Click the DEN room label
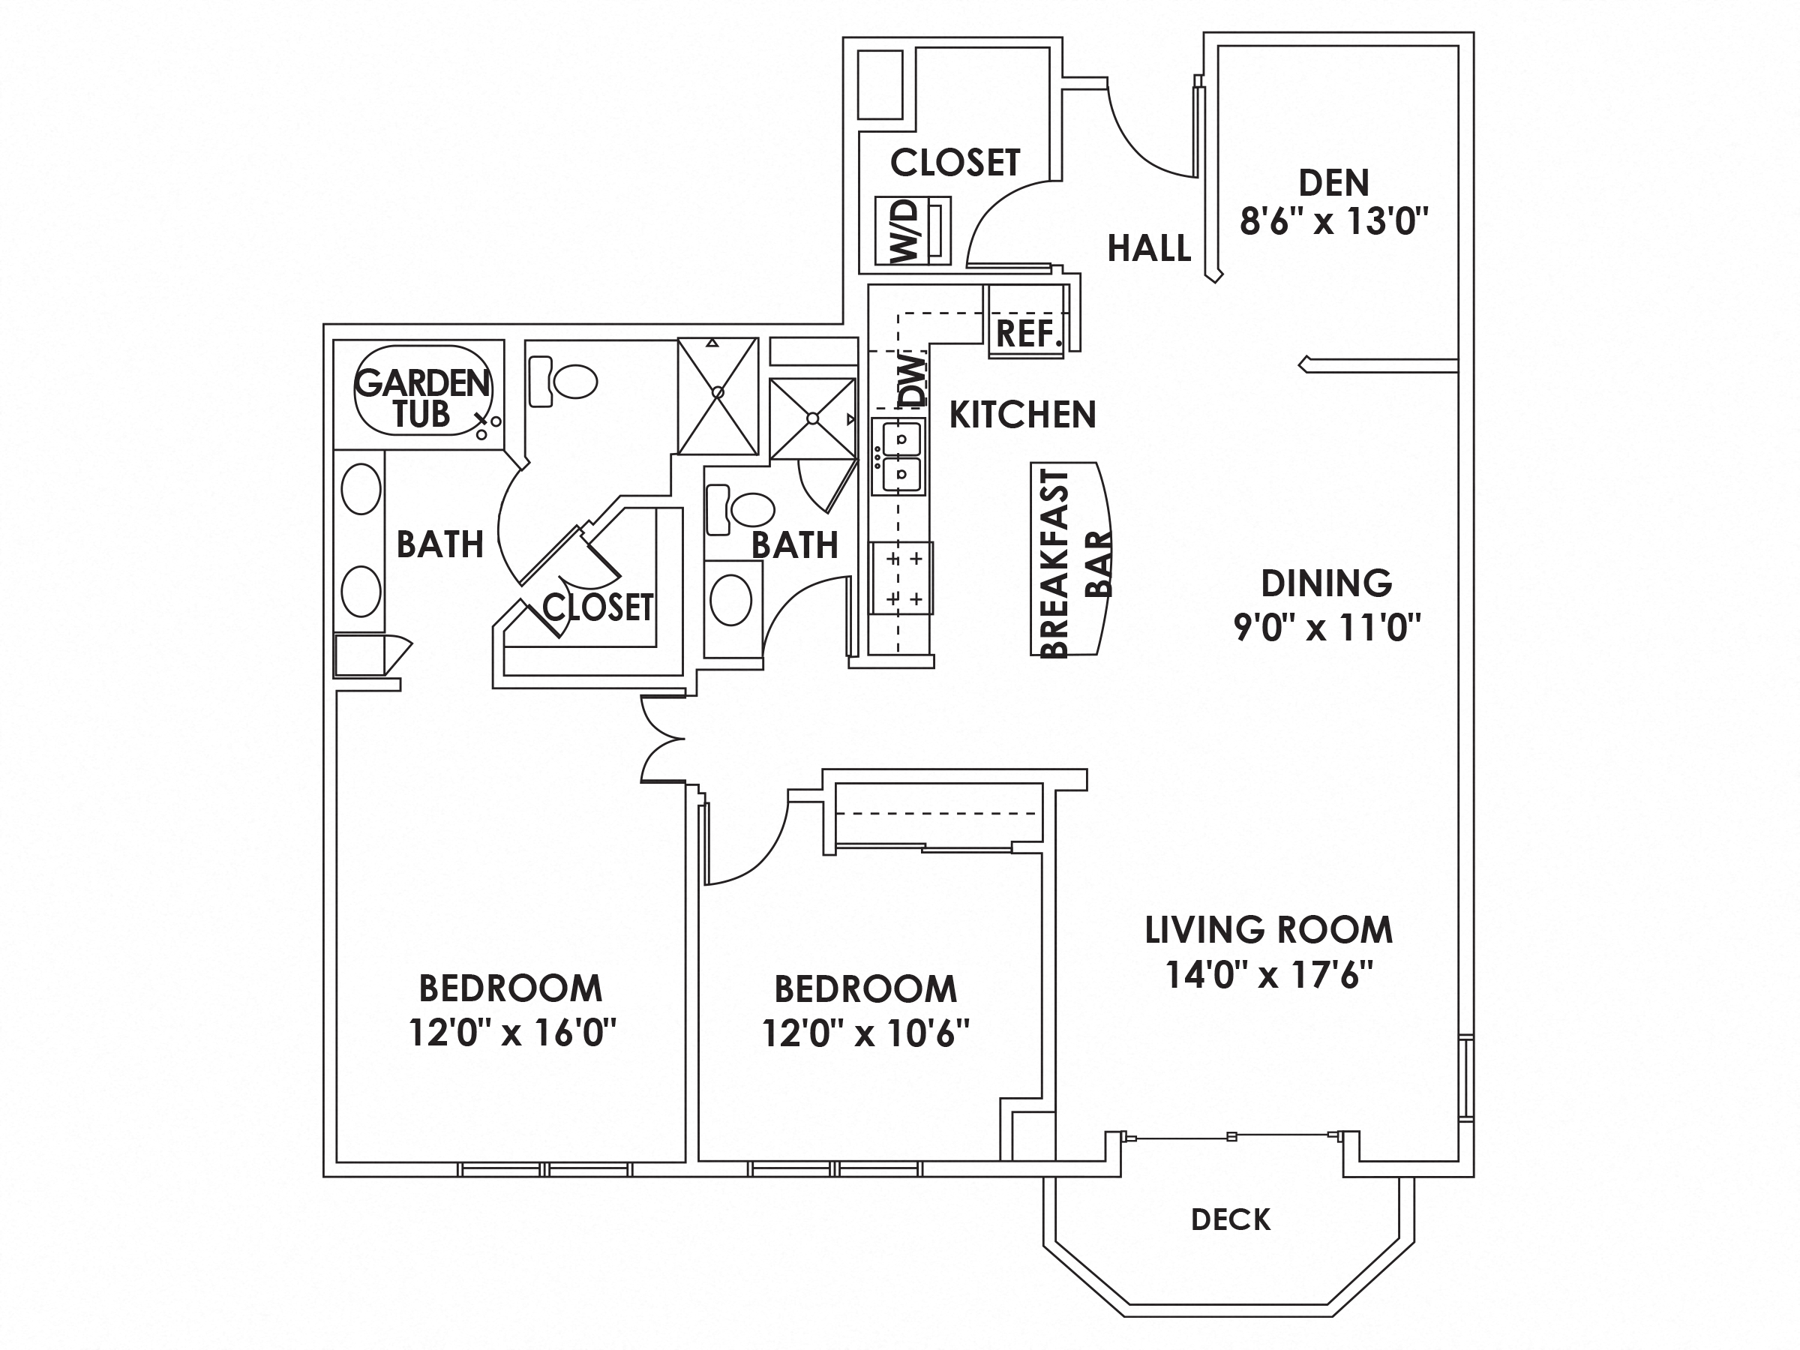pos(1333,183)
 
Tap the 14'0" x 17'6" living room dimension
pos(1269,975)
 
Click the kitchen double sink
pos(898,457)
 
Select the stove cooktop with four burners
pos(901,578)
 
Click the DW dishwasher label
pos(913,380)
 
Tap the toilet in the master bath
pos(564,382)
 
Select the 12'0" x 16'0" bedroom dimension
pos(511,1033)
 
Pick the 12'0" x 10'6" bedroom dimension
pos(865,1034)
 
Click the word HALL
pos(1148,247)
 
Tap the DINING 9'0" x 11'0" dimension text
pos(1327,628)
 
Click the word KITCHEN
pos(1022,415)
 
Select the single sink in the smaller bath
pos(730,600)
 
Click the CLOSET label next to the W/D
pos(955,163)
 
